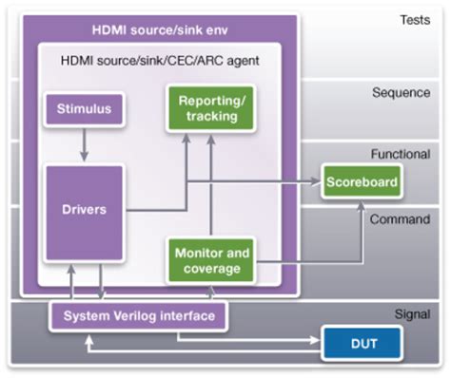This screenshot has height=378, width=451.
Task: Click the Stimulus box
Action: point(82,108)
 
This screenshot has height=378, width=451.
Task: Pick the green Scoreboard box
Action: point(360,180)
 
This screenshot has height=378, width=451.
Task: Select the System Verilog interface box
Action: point(138,314)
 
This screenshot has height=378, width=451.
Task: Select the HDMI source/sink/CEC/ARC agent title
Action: point(158,61)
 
